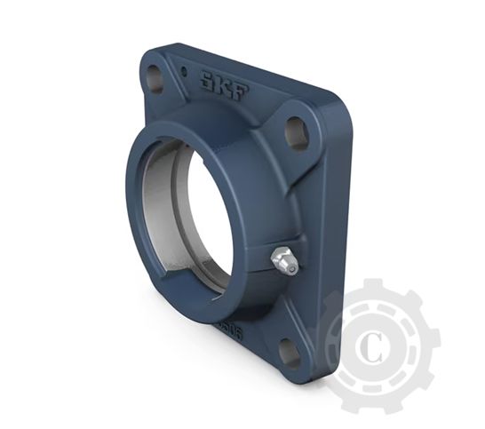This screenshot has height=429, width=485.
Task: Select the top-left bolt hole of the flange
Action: click(155, 78)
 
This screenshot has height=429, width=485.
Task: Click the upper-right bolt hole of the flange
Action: click(296, 131)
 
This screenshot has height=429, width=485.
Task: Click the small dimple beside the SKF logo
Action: click(183, 69)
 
